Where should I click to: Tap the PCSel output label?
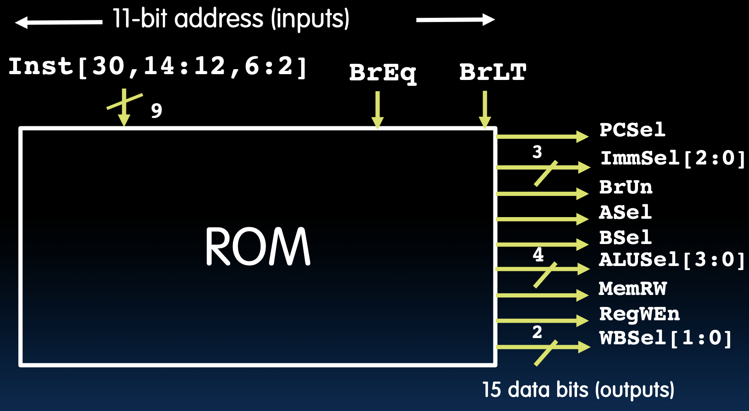[x=633, y=130]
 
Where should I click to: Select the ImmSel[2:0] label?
[x=672, y=158]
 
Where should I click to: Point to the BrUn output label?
[x=626, y=187]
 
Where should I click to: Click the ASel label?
[x=625, y=213]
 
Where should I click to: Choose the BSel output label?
[x=625, y=238]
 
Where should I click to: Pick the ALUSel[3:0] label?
[x=671, y=260]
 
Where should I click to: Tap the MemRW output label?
[x=633, y=288]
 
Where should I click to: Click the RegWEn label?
[x=639, y=314]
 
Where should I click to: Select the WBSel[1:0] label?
[x=665, y=338]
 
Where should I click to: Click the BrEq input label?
[x=382, y=73]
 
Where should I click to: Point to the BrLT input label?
[x=493, y=72]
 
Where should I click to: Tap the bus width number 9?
[x=156, y=111]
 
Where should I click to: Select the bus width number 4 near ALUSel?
[x=538, y=254]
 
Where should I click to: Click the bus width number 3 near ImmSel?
[x=537, y=152]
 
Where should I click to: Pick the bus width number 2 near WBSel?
[x=537, y=332]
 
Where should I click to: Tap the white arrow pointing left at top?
[x=58, y=22]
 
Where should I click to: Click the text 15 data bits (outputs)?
[x=578, y=390]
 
